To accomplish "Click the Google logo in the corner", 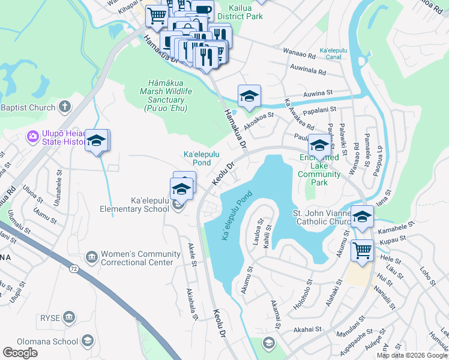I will [20, 353].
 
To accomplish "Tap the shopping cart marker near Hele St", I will [362, 250].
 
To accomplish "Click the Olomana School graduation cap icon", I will [87, 341].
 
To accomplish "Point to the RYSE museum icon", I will [68, 316].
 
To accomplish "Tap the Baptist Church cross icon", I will [65, 107].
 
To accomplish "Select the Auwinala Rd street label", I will [307, 69].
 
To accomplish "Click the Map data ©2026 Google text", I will [412, 355].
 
